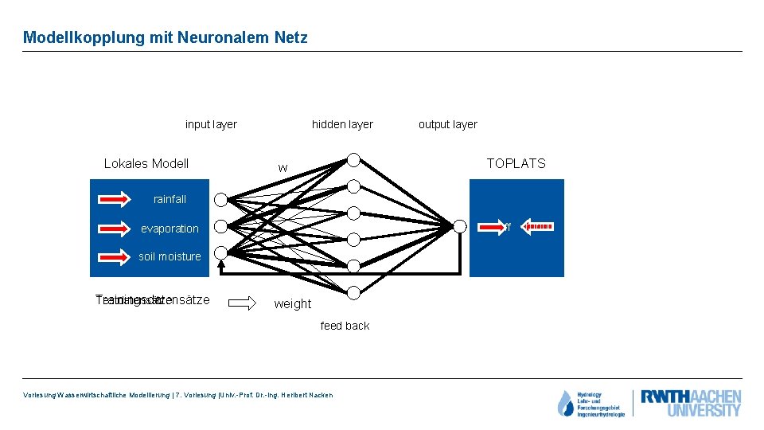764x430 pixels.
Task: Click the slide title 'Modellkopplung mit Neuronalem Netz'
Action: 165,37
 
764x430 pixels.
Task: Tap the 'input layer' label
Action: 211,124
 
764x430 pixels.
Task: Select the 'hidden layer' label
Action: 342,124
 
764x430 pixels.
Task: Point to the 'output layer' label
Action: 448,124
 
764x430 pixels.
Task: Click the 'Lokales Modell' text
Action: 146,164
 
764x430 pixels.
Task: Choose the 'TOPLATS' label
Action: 516,163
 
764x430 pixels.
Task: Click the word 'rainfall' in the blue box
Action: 170,199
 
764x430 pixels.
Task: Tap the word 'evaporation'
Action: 170,229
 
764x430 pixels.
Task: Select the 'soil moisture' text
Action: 170,256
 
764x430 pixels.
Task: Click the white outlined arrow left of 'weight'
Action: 244,303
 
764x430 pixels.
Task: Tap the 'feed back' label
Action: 345,326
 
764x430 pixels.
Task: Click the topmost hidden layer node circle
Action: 353,160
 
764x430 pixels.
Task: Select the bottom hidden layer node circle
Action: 353,292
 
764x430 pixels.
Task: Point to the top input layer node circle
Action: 220,199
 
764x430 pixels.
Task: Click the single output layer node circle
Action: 459,226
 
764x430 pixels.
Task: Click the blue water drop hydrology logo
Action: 566,404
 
